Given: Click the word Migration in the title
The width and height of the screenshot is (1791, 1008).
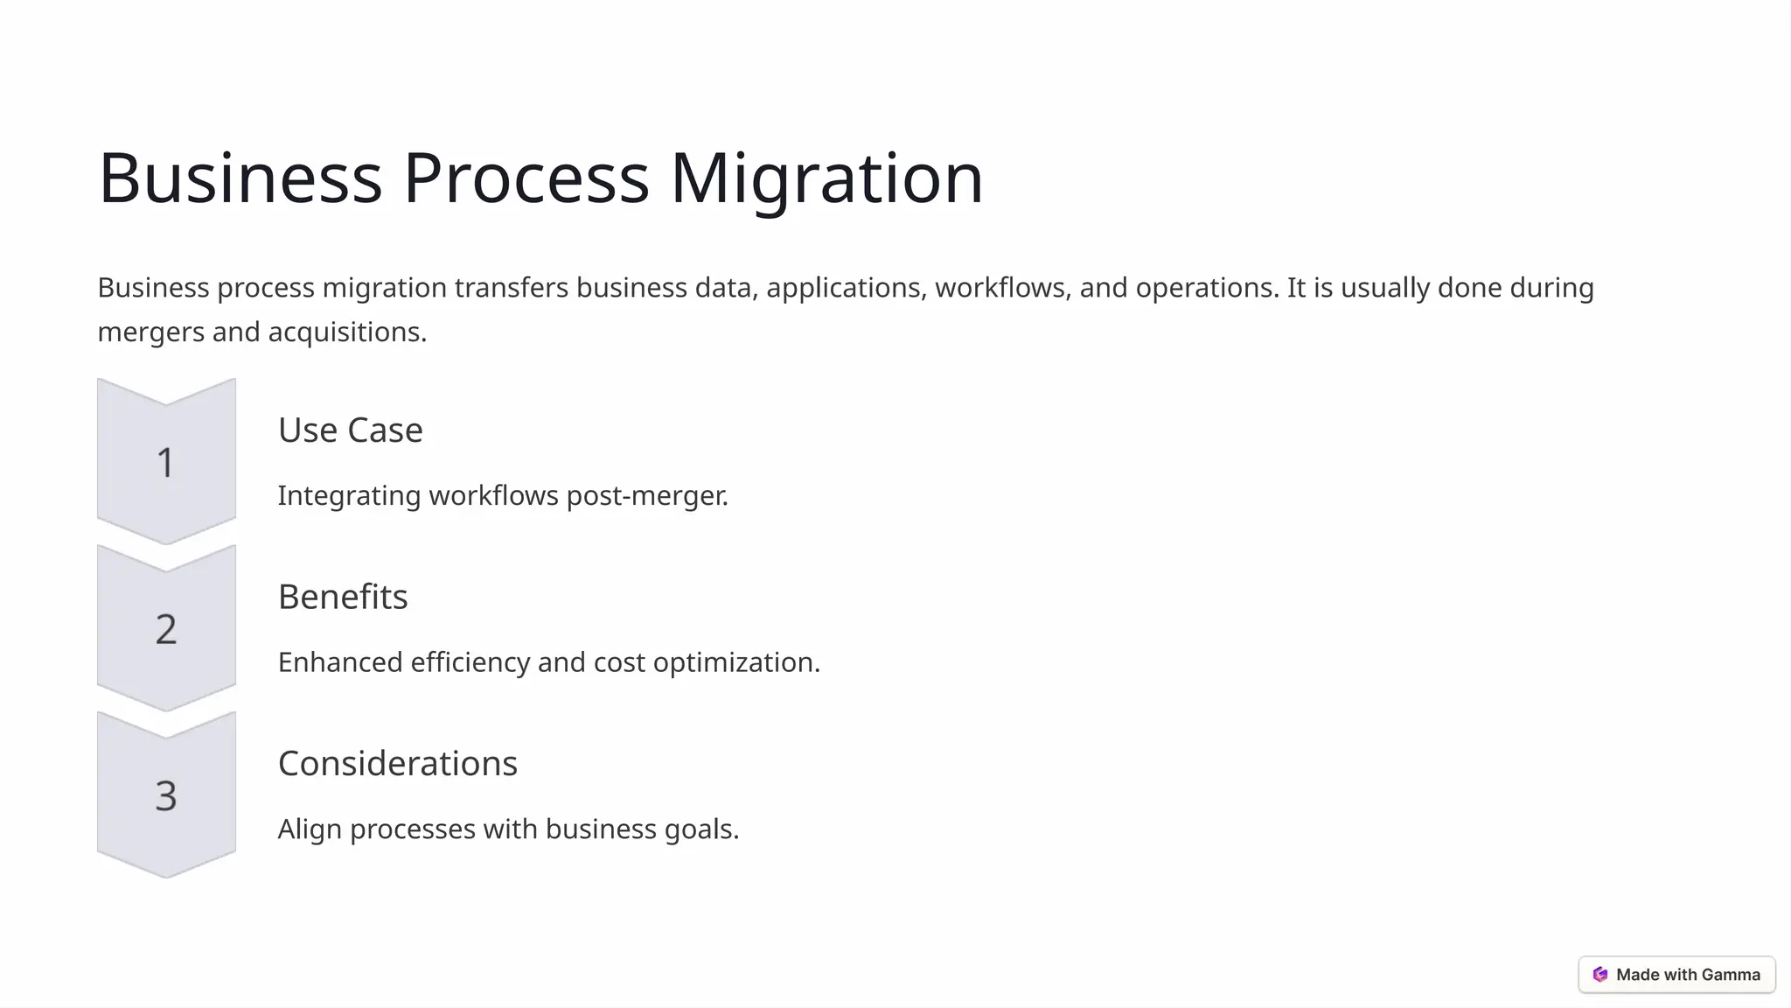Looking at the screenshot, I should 826,178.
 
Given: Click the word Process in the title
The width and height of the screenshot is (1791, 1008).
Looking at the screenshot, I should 526,178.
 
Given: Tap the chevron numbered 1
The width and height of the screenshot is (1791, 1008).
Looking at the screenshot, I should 166,462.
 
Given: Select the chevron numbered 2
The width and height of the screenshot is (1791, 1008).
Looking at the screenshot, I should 166,628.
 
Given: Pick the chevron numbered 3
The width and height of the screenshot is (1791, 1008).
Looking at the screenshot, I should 166,795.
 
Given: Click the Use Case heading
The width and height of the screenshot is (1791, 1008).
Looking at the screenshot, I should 350,430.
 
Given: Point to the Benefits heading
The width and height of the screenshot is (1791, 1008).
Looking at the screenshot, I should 343,597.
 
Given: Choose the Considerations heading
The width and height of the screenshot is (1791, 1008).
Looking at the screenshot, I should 398,764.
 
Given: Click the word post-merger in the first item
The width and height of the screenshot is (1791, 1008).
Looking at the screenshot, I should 647,496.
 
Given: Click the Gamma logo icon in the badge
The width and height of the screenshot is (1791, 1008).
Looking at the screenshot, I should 1600,975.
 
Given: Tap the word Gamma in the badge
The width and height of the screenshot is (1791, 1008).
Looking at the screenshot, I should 1731,975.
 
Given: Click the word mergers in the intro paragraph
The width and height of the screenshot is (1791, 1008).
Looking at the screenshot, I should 150,332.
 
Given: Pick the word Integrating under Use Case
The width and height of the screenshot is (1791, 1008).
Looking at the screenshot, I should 349,496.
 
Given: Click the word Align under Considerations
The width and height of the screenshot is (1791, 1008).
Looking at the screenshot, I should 310,829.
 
